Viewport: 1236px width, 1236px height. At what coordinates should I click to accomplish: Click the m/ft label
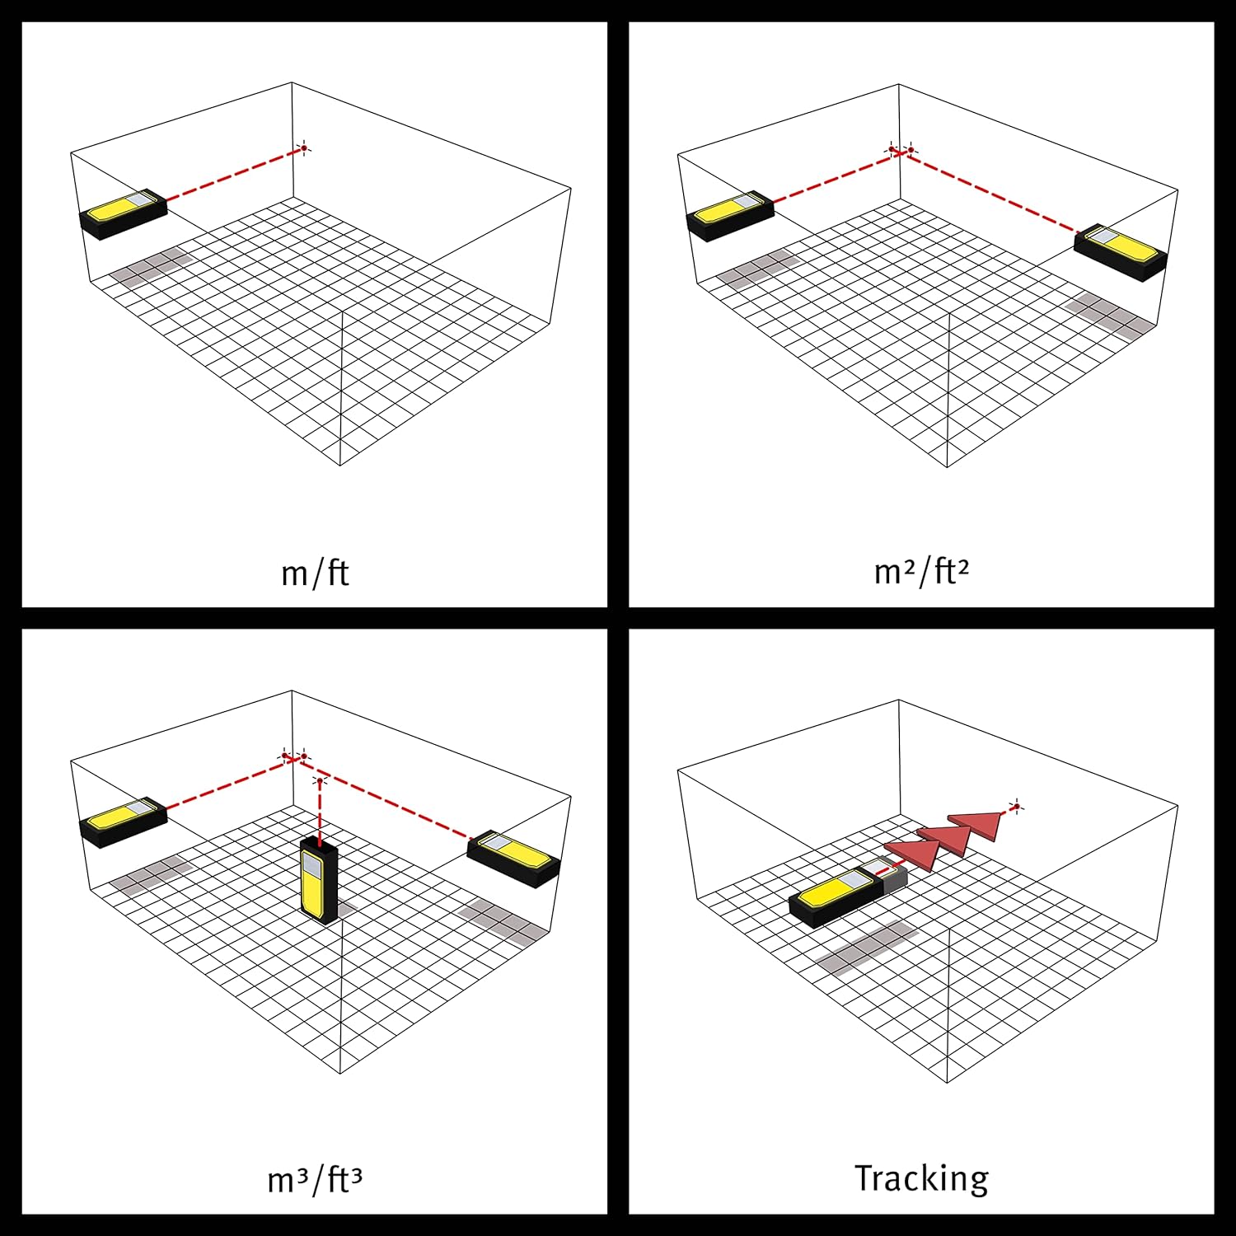[315, 573]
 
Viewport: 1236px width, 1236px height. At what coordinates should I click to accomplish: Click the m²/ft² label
[921, 570]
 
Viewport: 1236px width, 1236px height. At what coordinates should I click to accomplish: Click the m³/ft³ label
[315, 1179]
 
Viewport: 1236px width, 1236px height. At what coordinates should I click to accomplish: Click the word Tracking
[921, 1179]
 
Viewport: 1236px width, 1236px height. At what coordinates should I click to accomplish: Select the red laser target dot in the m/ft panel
[303, 148]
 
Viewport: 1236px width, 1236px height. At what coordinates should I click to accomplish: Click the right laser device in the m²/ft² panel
[1121, 251]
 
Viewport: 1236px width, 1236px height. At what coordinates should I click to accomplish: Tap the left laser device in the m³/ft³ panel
[123, 822]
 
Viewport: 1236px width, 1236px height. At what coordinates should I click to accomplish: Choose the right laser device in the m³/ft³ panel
[514, 859]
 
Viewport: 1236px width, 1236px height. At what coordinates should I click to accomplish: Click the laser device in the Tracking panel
[849, 893]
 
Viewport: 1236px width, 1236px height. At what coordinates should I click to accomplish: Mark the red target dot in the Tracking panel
[1017, 806]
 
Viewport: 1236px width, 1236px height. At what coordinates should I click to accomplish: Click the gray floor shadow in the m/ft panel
[152, 265]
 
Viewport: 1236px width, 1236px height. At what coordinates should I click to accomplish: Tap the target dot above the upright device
[320, 779]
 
